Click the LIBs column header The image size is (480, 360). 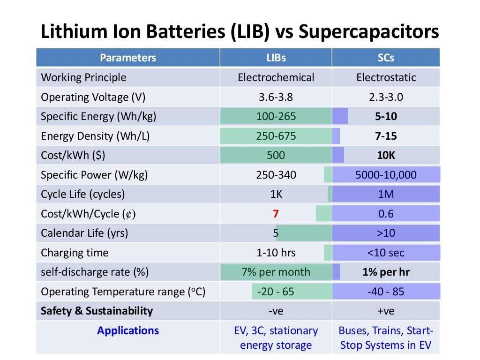click(276, 58)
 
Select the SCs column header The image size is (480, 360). click(385, 58)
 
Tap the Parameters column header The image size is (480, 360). click(127, 58)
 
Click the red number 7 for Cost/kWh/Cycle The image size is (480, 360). click(276, 214)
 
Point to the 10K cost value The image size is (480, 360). click(386, 155)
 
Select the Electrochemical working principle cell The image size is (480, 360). click(276, 77)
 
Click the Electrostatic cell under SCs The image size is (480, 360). click(386, 77)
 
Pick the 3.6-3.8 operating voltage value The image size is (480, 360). click(276, 97)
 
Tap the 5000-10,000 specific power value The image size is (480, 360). click(386, 175)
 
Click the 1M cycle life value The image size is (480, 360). click(386, 194)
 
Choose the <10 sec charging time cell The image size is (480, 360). click(386, 253)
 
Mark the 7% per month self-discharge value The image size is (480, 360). click(276, 272)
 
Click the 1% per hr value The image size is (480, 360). click(386, 272)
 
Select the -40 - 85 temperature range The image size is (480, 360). click(386, 292)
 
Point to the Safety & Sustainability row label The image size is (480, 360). click(97, 311)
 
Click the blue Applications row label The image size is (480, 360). click(127, 330)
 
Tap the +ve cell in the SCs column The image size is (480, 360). click(386, 311)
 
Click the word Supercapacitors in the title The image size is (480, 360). click(368, 32)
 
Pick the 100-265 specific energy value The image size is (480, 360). click(276, 116)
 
